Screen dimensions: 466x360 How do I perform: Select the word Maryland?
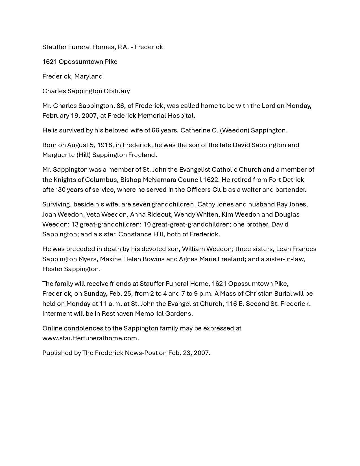(x=88, y=76)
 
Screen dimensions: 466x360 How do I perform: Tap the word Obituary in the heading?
(x=117, y=91)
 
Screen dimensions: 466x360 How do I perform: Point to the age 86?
(x=120, y=106)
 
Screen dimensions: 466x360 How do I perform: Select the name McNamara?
(x=161, y=180)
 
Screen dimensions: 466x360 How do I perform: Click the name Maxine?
(x=110, y=259)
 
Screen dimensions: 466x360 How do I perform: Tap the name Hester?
(x=53, y=269)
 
